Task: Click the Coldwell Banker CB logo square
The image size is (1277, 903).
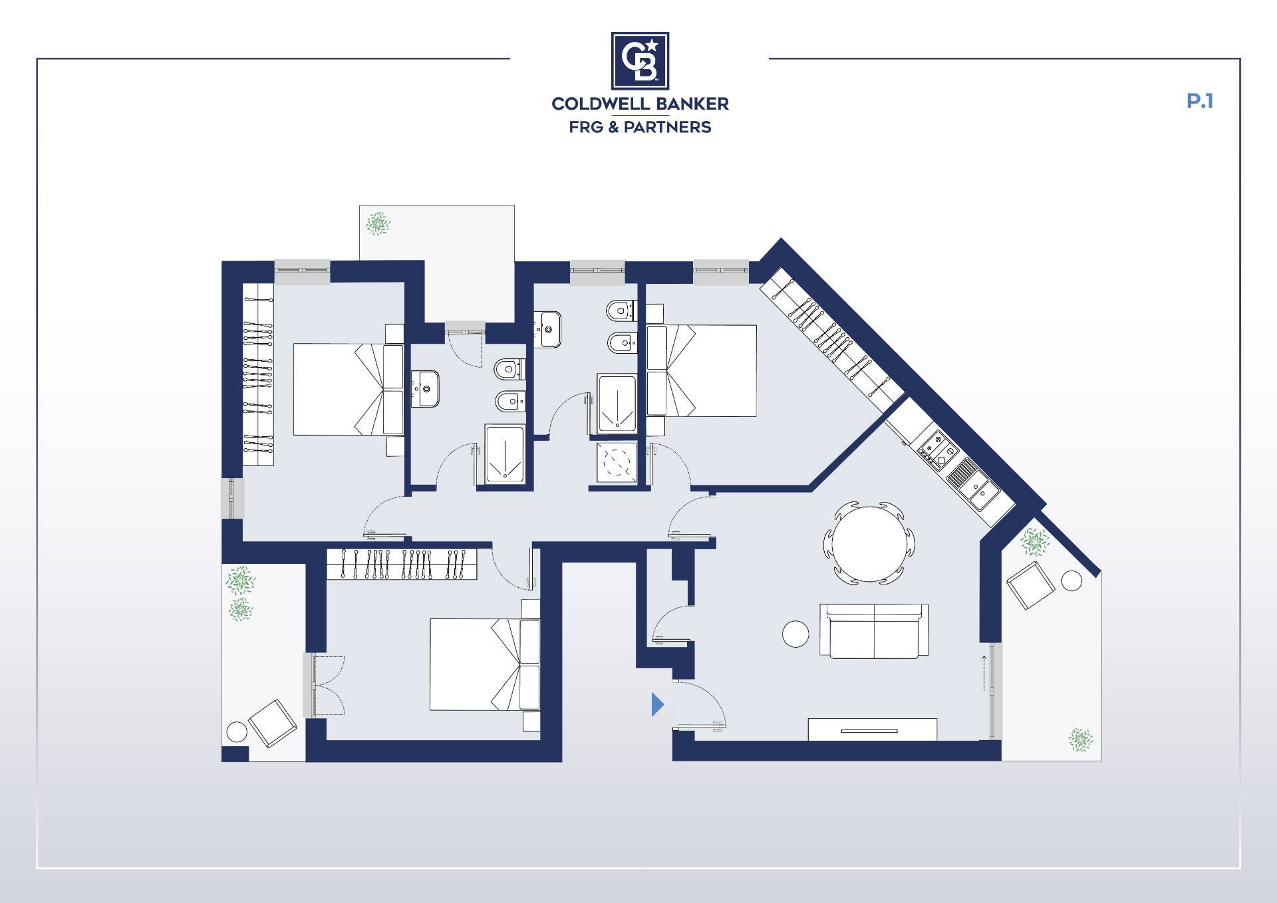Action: [x=640, y=60]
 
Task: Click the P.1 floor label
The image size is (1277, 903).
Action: [x=1200, y=101]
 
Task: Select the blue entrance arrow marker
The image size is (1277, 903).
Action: [x=657, y=704]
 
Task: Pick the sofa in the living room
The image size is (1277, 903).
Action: [x=874, y=630]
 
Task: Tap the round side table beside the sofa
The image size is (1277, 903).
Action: [x=795, y=633]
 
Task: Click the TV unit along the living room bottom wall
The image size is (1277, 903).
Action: [x=872, y=729]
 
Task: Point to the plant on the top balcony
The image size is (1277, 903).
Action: [x=378, y=224]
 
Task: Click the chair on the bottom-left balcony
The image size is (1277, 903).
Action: [x=272, y=723]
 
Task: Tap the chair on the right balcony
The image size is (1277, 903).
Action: [x=1031, y=584]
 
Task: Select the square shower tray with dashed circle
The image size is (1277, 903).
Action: [x=617, y=461]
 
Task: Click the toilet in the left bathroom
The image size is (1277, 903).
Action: [x=509, y=368]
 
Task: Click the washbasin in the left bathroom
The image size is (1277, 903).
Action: [x=425, y=388]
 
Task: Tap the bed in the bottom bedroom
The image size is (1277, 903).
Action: [x=484, y=664]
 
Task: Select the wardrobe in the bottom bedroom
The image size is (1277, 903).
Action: [x=402, y=564]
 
